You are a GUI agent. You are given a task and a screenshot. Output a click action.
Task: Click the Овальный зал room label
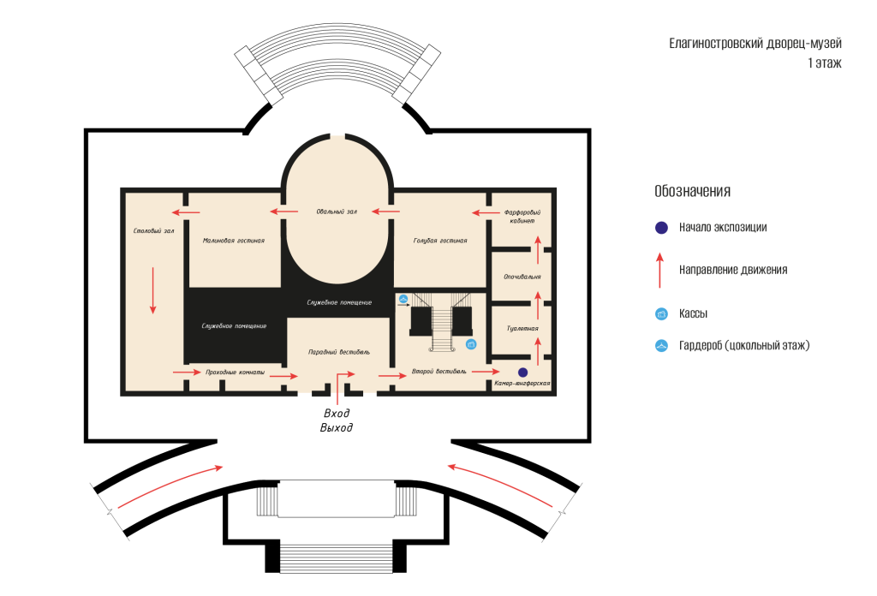click(336, 212)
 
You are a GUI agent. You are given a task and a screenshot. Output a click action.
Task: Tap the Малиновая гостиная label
click(233, 241)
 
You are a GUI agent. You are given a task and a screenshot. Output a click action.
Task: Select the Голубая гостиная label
click(440, 241)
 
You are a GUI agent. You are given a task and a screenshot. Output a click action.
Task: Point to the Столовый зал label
click(154, 230)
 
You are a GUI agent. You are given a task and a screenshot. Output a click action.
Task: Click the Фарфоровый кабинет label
click(522, 217)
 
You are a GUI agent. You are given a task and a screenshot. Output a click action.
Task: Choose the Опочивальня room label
click(522, 277)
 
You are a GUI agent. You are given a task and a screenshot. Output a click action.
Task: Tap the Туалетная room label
click(522, 328)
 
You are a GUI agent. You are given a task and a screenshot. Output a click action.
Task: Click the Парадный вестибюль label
click(339, 352)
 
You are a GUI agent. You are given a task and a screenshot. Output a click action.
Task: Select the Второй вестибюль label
click(439, 372)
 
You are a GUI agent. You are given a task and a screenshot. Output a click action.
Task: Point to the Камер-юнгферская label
click(522, 384)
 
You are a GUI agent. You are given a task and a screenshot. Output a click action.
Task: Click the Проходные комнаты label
click(235, 372)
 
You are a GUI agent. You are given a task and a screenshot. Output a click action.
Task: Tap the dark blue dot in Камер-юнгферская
click(523, 372)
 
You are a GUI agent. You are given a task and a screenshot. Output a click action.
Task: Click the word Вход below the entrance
click(337, 413)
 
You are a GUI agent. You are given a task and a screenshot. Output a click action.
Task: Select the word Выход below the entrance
click(336, 427)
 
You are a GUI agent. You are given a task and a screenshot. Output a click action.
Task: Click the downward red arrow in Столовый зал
click(152, 290)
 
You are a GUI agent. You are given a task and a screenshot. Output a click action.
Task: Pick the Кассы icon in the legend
click(662, 313)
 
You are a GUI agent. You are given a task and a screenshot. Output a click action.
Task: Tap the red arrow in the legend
click(660, 270)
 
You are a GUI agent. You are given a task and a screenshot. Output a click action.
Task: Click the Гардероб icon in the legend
click(662, 345)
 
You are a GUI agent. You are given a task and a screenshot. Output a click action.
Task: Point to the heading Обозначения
click(692, 191)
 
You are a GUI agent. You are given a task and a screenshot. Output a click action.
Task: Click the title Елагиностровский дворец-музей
click(755, 44)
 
